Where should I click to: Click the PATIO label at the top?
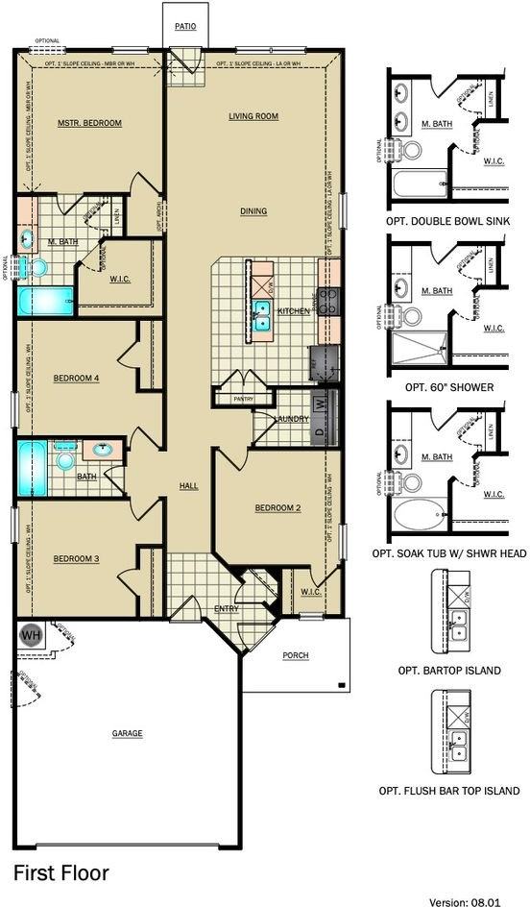184,26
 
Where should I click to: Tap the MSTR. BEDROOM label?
89,123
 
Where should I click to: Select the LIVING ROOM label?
253,116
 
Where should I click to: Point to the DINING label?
253,211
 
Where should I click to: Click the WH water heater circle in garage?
30,635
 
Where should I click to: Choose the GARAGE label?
127,734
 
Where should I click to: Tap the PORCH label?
296,656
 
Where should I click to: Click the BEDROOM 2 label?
278,507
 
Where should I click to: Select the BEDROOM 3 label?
75,559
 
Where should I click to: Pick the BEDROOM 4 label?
75,378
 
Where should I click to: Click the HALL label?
189,486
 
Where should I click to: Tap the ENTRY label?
227,607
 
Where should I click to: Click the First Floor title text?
60,872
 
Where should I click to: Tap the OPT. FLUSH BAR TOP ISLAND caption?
448,791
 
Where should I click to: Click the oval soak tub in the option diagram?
420,514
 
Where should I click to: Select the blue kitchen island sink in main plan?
260,315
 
